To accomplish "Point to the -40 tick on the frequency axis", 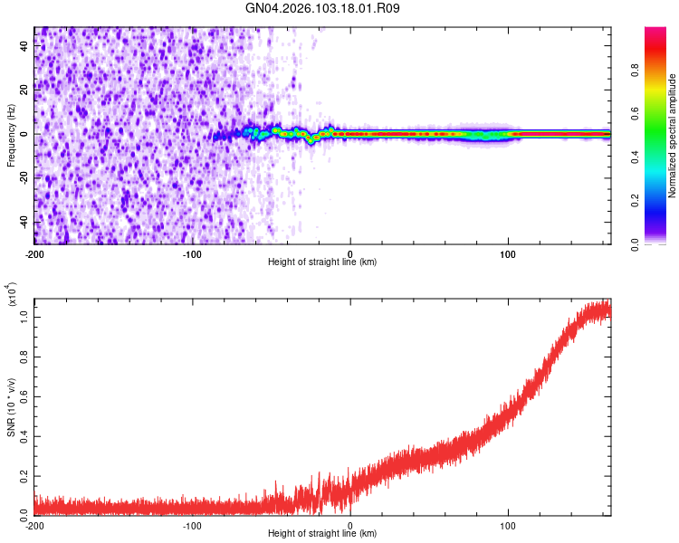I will tap(24, 222).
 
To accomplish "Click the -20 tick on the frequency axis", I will tap(24, 177).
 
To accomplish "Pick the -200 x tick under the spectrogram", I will tap(34, 253).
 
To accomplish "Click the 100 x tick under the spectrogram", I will tap(509, 253).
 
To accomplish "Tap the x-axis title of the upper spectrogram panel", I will tap(322, 262).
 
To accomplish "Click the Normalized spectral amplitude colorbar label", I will tap(673, 137).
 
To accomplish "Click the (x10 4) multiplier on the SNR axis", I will tap(12, 296).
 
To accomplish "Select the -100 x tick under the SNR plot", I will tap(192, 525).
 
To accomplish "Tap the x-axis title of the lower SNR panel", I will tap(322, 534).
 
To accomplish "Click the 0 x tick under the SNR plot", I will tap(350, 525).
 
